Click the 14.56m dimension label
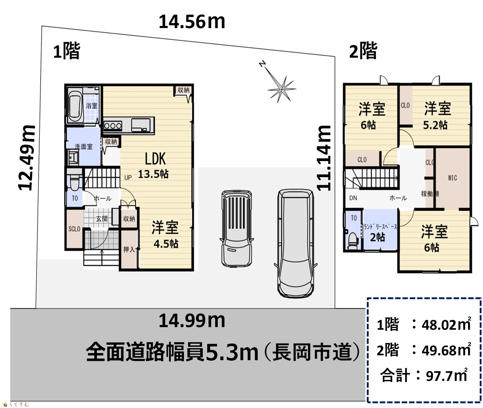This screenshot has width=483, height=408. click(x=192, y=22)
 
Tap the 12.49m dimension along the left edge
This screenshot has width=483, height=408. click(x=27, y=158)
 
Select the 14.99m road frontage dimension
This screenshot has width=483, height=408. click(x=192, y=321)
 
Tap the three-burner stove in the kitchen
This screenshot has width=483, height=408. click(x=113, y=126)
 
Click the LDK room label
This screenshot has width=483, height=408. click(x=155, y=159)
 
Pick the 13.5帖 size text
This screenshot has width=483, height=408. click(x=153, y=174)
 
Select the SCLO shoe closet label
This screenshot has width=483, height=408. click(x=74, y=229)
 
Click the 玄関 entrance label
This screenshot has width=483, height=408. click(x=102, y=219)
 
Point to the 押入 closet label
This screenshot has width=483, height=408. click(x=129, y=249)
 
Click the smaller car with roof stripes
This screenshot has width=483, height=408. click(x=236, y=229)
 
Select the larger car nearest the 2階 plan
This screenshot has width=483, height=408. click(x=296, y=243)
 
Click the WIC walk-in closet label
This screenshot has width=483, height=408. click(x=452, y=178)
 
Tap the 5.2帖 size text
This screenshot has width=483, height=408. click(x=435, y=125)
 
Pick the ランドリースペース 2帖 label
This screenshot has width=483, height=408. click(x=380, y=233)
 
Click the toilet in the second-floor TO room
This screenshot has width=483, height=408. click(x=353, y=241)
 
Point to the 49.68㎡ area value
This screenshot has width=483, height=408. click(x=446, y=350)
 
